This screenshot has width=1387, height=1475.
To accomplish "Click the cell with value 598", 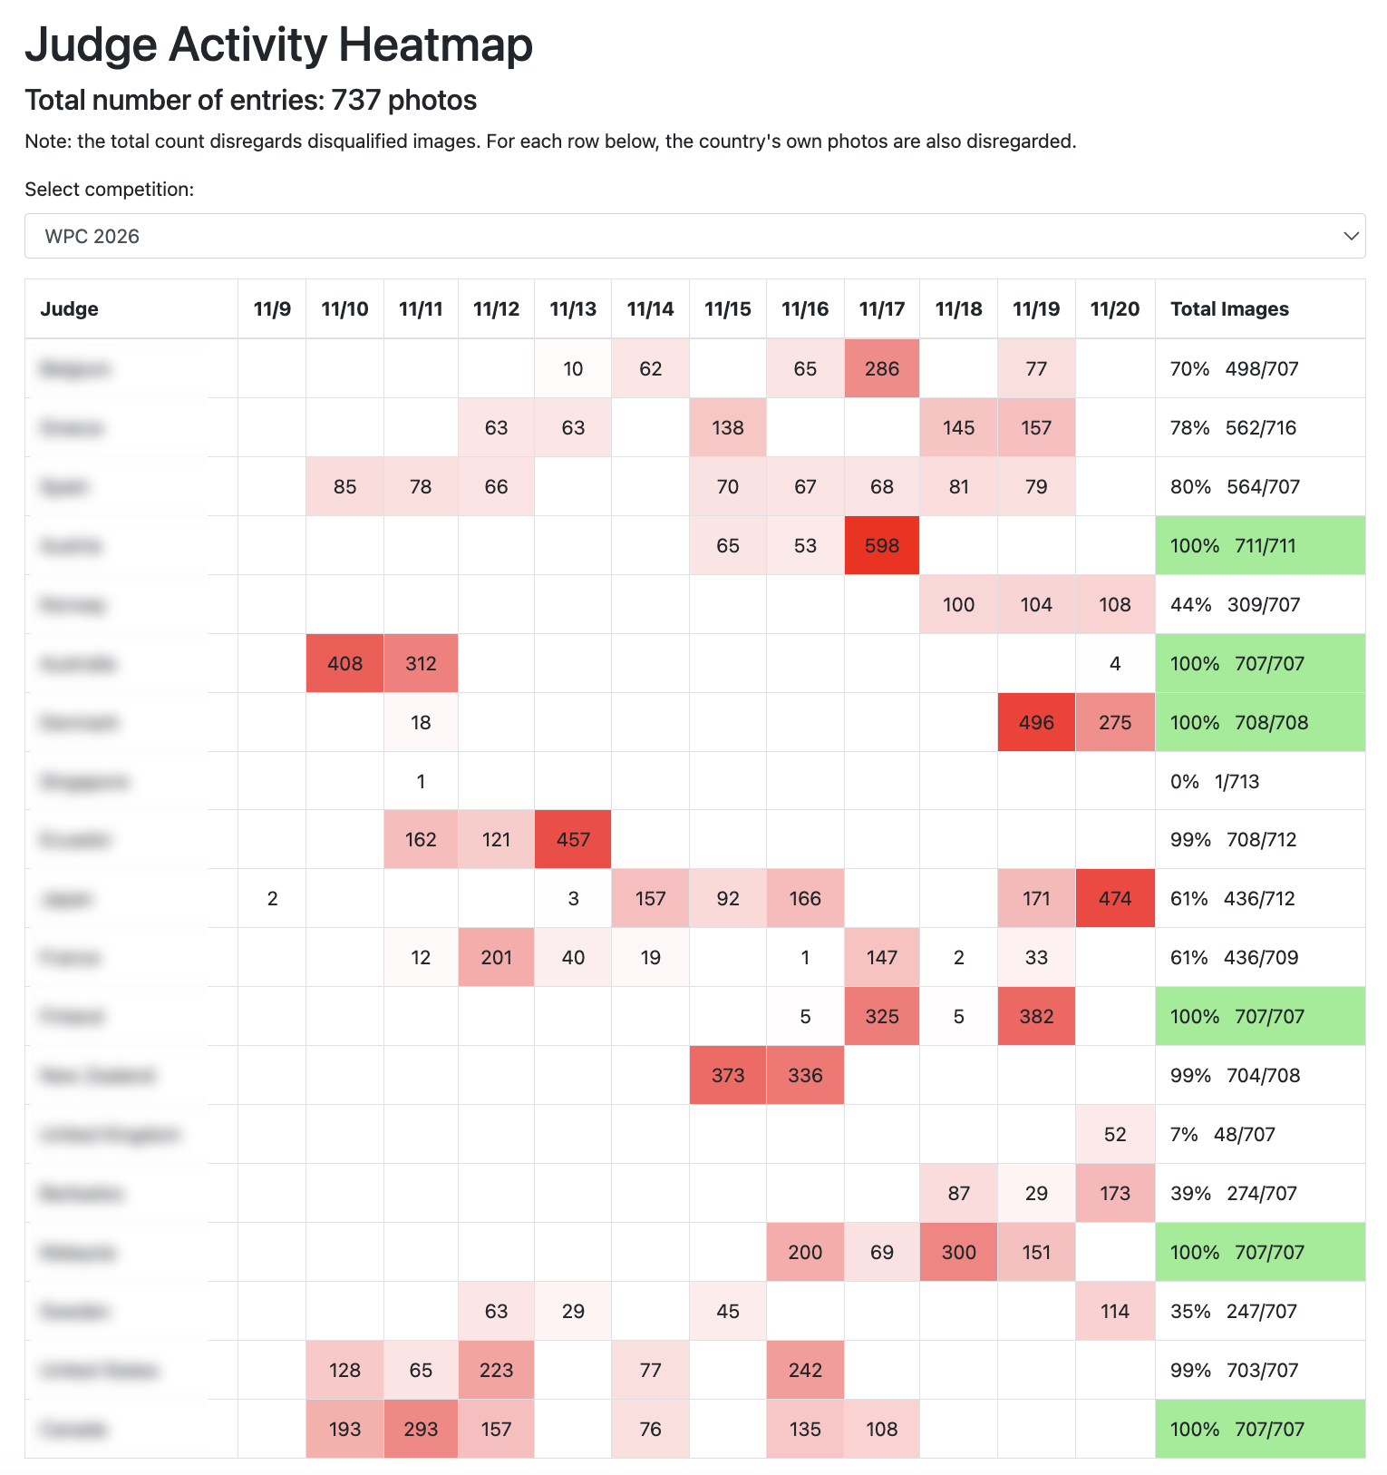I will tap(881, 545).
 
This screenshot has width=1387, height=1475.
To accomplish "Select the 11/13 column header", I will tap(573, 308).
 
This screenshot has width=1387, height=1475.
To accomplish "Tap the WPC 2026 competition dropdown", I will tap(694, 236).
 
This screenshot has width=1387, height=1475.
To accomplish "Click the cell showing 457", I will tap(573, 839).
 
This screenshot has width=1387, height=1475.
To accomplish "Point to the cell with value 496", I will tap(1036, 722).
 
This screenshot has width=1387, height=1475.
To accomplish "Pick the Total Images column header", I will tap(1229, 308).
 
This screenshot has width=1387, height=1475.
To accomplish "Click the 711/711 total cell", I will tap(1260, 545).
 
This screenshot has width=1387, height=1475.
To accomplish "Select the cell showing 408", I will tap(344, 663).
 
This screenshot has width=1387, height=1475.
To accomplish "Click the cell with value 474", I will tap(1115, 898).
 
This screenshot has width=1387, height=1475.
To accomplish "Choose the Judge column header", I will tap(70, 308).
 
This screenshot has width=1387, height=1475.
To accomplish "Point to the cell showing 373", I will tap(728, 1075).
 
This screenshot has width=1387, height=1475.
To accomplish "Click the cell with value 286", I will tap(881, 368).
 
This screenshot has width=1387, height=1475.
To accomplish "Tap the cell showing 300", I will tap(958, 1252).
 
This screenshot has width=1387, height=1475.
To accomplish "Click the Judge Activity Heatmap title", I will tap(278, 44).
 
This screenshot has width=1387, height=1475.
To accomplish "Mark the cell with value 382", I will tap(1036, 1016).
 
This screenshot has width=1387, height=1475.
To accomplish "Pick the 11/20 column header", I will tap(1115, 308).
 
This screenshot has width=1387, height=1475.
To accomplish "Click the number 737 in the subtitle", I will tap(355, 100).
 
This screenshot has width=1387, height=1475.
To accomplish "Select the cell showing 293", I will tap(421, 1429).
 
